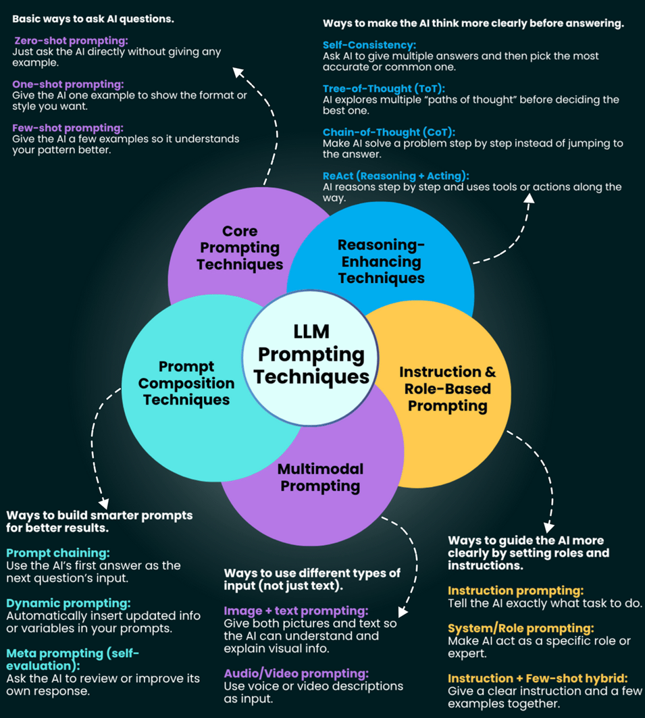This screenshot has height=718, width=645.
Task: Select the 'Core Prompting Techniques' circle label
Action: (x=240, y=248)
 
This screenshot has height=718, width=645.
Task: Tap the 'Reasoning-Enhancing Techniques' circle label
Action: (x=381, y=261)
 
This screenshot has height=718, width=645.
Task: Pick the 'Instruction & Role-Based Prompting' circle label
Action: (x=447, y=388)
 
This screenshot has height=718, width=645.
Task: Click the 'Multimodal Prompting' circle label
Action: (x=320, y=477)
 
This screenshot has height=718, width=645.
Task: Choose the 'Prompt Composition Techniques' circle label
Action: (x=186, y=383)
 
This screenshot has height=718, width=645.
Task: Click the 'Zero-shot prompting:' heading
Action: (x=71, y=41)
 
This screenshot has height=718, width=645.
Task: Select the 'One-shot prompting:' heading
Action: (x=68, y=84)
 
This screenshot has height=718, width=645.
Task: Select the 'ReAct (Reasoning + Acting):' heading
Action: (x=396, y=176)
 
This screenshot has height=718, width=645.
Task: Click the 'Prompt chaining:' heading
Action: (x=58, y=553)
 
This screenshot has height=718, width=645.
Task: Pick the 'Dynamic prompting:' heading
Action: (x=68, y=603)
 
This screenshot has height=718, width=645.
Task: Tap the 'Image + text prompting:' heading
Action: (x=296, y=611)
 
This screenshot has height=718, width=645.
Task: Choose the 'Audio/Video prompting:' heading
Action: (x=296, y=673)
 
